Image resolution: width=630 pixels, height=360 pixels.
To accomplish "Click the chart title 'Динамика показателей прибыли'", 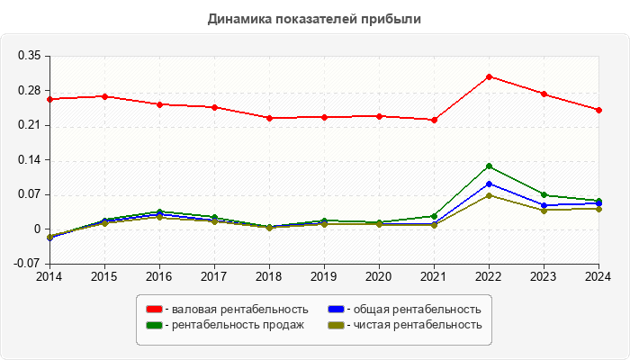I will coord(315,18).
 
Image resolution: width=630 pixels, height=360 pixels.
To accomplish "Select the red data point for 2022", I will coord(489,76).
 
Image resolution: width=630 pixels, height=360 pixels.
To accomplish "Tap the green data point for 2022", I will coord(489,166).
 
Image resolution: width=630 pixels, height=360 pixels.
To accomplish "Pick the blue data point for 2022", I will coord(489,184).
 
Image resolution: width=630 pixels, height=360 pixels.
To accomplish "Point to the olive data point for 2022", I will coord(489,195).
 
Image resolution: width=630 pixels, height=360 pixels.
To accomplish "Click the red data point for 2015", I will coord(104,96).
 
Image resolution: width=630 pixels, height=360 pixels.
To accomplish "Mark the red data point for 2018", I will coord(269,118).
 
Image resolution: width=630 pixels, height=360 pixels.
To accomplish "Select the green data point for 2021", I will coord(434,216).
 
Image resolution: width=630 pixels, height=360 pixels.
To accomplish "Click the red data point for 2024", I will coord(598,110).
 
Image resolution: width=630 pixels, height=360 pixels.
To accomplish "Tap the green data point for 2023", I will coord(544,194).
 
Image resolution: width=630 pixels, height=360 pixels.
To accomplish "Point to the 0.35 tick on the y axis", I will coord(29,56).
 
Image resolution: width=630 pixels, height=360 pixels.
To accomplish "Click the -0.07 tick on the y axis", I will coord(27,264).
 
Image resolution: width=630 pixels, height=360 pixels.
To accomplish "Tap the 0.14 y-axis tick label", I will coord(29,160).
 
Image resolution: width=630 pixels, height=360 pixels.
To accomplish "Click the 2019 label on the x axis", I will coord(324,276).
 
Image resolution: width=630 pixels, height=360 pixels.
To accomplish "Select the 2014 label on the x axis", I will coord(49,276).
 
